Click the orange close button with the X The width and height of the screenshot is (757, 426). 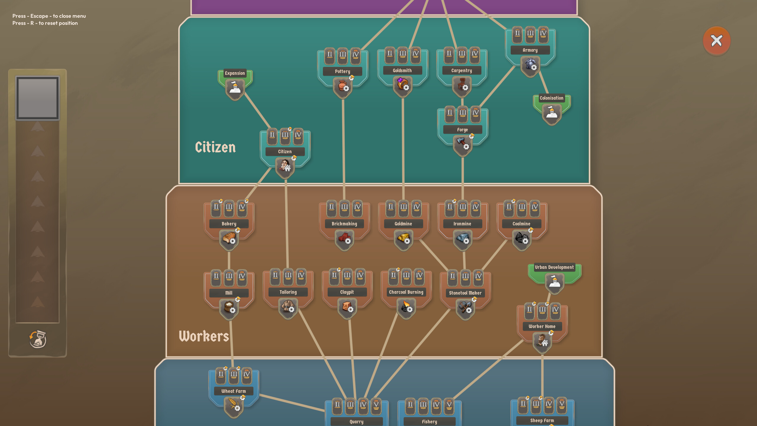[716, 41]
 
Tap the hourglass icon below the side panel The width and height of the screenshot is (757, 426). [38, 339]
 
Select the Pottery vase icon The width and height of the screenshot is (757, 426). [342, 86]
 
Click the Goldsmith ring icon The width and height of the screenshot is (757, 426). [402, 85]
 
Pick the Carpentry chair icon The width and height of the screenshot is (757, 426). [462, 85]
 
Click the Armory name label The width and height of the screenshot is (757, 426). [530, 50]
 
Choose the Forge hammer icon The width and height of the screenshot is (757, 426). [462, 144]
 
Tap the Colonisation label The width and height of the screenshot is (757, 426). [551, 98]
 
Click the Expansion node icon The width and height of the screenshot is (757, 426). [235, 88]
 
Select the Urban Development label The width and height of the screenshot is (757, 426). [554, 267]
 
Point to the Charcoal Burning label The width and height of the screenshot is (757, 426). [406, 292]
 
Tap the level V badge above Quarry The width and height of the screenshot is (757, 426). [376, 406]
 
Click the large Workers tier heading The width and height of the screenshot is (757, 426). [204, 336]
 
